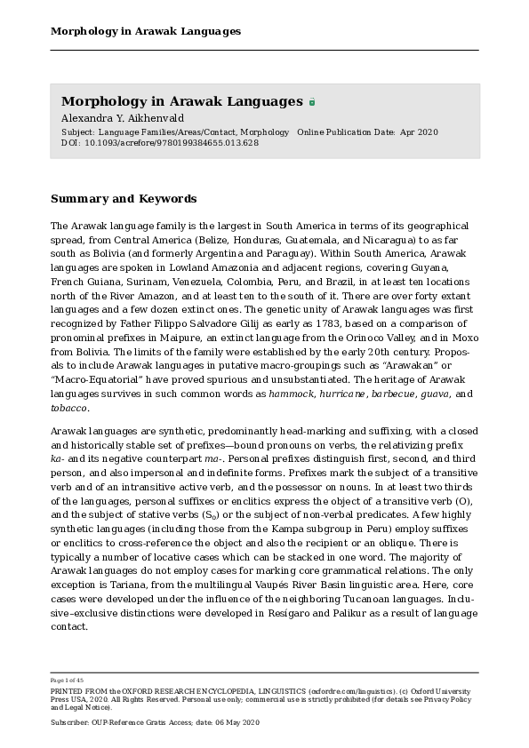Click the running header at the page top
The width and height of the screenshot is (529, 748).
tap(145, 31)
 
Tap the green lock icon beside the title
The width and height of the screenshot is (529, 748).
tap(312, 103)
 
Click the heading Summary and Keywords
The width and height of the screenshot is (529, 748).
tap(124, 199)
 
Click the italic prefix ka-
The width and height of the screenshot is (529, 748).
tap(59, 458)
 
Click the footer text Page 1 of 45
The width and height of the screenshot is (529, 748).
tap(67, 680)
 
